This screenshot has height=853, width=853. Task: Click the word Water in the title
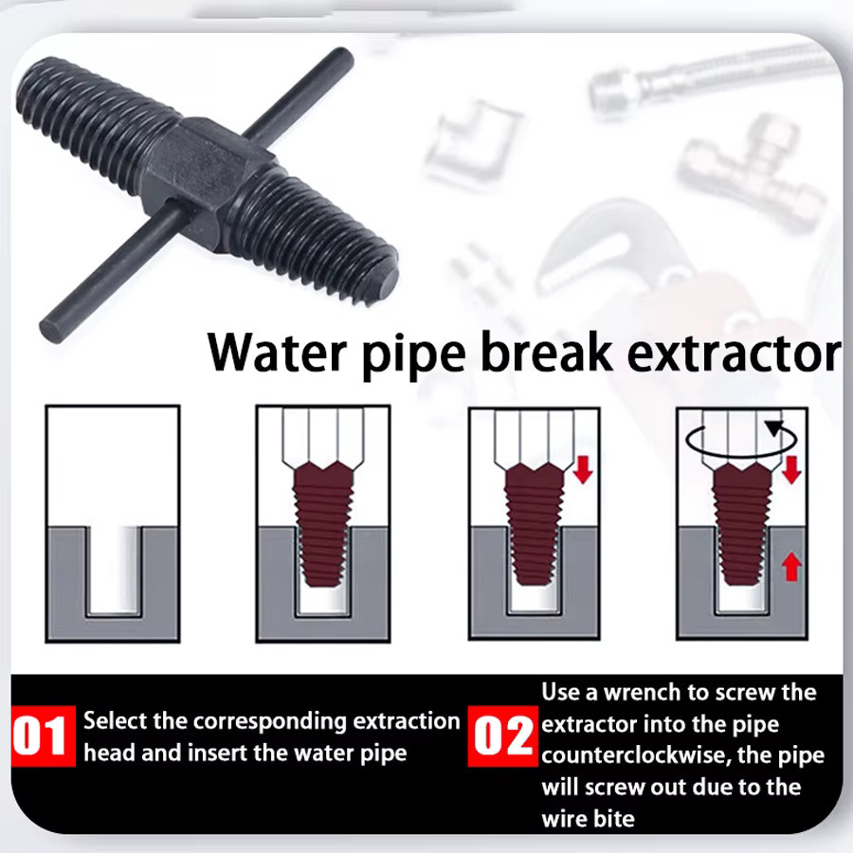(278, 353)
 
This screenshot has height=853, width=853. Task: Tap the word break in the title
(547, 353)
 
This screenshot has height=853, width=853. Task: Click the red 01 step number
(43, 736)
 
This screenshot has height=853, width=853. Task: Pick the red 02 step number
(502, 736)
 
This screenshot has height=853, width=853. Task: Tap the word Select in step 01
(115, 721)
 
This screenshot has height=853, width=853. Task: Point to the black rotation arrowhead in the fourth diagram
(774, 427)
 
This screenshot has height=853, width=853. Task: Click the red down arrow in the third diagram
(583, 469)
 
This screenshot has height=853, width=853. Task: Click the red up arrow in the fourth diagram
(791, 567)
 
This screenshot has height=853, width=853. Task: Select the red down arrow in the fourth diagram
(791, 469)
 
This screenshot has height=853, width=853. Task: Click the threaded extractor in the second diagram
(322, 525)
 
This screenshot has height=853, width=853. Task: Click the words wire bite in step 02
(588, 819)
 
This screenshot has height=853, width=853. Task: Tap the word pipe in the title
(413, 356)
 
